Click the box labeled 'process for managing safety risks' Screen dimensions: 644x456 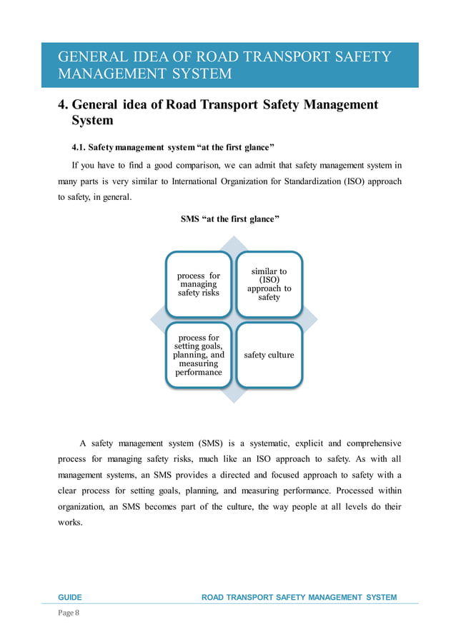click(198, 283)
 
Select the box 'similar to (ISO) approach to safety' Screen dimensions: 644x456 click(269, 283)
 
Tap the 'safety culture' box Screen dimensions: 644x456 click(269, 355)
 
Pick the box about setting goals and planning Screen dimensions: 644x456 click(198, 355)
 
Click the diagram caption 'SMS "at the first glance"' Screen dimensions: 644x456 click(229, 219)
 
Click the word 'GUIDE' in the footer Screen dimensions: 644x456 click(70, 597)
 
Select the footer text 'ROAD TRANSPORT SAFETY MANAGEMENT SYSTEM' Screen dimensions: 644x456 click(299, 597)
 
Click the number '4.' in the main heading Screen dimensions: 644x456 click(63, 105)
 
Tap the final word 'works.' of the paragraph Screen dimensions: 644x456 click(69, 523)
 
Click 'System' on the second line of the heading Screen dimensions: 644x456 click(92, 121)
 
